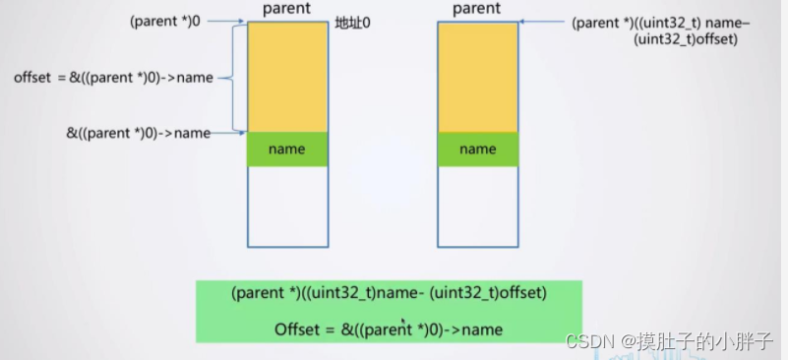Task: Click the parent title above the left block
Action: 286,9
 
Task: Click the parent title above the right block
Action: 477,9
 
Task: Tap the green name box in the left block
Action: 286,150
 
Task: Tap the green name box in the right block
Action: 477,150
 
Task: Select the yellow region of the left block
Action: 286,76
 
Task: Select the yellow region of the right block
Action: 477,76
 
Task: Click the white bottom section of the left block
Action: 286,206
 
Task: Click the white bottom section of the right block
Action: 477,206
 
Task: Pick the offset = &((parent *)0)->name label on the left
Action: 113,77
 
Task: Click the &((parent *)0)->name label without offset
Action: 139,134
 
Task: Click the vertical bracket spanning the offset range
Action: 235,77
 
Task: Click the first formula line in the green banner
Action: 389,294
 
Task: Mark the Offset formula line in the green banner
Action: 389,329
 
